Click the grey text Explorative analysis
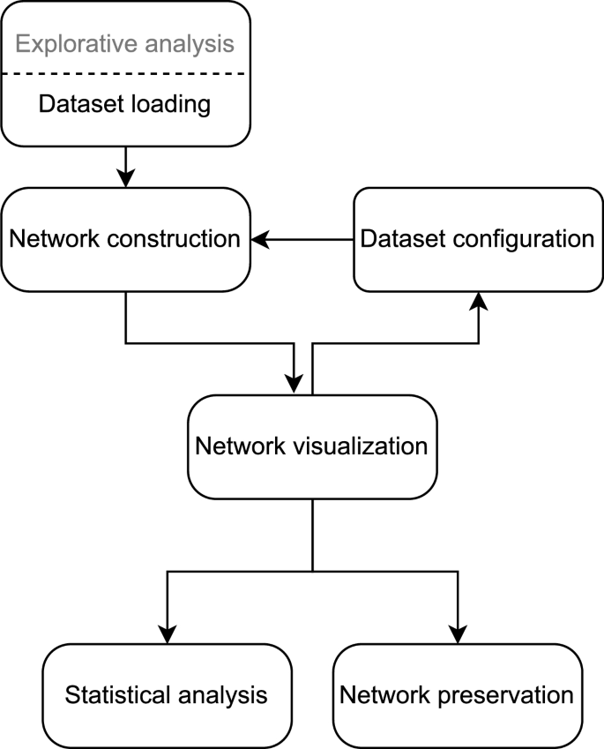point(125,42)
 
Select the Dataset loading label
point(125,105)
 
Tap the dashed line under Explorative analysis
point(125,74)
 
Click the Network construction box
point(125,239)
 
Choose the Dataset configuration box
point(478,239)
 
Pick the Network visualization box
point(311,446)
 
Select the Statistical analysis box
point(167,695)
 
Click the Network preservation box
point(457,695)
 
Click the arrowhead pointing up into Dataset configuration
point(478,302)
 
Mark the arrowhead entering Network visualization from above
point(294,385)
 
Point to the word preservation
point(505,695)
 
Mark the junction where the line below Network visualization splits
point(312,572)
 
